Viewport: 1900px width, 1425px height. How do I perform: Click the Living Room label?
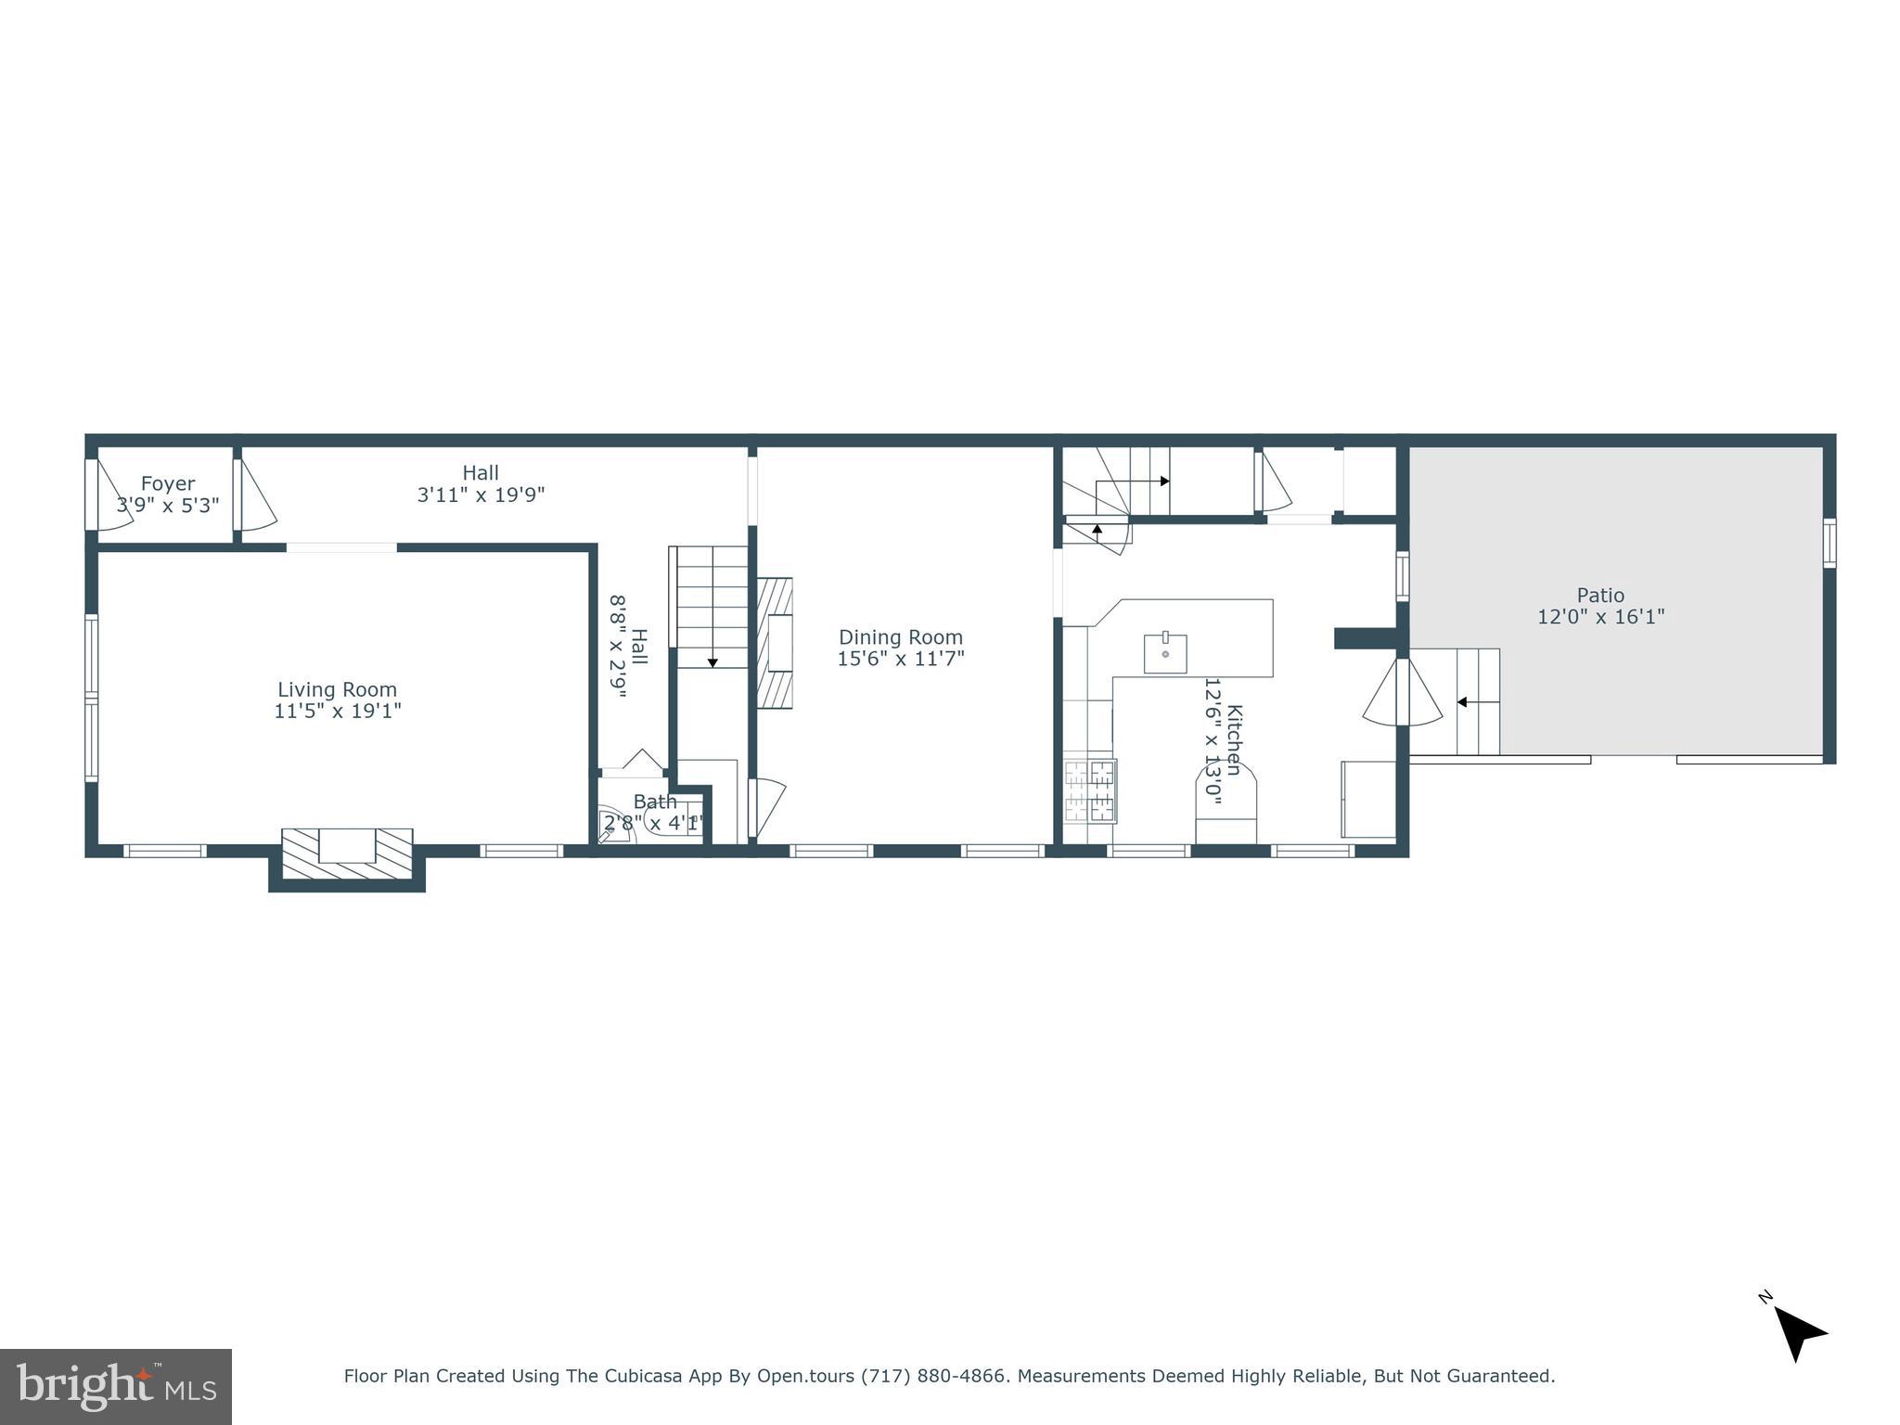pyautogui.click(x=337, y=689)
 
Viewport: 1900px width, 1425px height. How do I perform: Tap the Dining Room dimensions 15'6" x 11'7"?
pyautogui.click(x=901, y=659)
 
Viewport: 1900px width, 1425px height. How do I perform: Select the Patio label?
pyautogui.click(x=1600, y=596)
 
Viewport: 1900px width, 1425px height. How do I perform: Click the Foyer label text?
pyautogui.click(x=168, y=483)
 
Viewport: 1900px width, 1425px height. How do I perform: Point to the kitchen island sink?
pyautogui.click(x=1165, y=652)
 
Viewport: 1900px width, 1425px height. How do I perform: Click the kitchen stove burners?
pyautogui.click(x=1090, y=791)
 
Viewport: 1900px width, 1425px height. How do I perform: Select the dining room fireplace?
pyautogui.click(x=775, y=643)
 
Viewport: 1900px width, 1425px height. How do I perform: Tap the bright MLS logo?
pyautogui.click(x=116, y=1386)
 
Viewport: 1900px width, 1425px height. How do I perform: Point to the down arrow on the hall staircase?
pyautogui.click(x=712, y=661)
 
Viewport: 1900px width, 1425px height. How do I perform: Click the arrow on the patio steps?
pyautogui.click(x=1462, y=702)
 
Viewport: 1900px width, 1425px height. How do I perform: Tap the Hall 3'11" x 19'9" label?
pyautogui.click(x=481, y=483)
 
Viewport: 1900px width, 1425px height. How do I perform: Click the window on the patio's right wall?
pyautogui.click(x=1829, y=543)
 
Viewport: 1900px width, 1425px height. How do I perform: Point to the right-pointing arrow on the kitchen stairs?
pyautogui.click(x=1163, y=481)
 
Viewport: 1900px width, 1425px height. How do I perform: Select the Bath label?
pyautogui.click(x=655, y=802)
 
